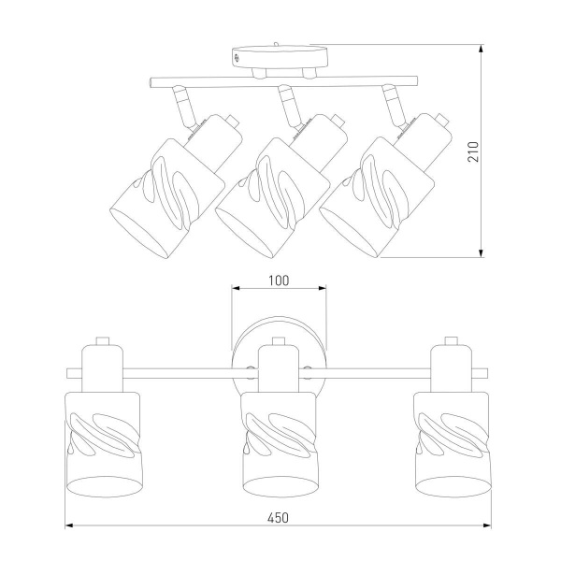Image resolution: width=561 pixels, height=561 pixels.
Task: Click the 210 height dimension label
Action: [473, 151]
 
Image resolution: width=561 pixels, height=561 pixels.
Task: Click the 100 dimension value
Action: [279, 280]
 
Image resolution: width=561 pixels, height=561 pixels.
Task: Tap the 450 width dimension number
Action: [279, 518]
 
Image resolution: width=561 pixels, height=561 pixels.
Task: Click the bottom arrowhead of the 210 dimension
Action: [482, 252]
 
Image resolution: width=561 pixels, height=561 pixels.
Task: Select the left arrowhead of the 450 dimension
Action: [69, 525]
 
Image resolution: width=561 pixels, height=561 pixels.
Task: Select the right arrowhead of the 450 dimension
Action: [487, 525]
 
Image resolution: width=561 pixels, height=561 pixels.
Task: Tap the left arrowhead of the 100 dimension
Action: [236, 288]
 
